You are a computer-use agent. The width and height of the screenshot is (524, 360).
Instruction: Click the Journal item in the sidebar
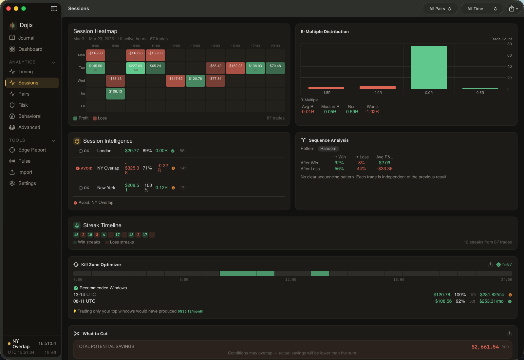click(26, 38)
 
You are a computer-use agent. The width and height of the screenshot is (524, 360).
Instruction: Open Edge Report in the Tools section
click(32, 150)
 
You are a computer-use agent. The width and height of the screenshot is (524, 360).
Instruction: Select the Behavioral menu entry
click(29, 116)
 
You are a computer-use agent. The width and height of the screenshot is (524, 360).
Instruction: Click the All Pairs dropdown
click(440, 9)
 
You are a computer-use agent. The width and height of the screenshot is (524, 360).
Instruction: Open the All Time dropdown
click(482, 9)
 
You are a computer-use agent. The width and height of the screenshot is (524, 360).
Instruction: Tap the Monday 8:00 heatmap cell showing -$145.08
click(96, 55)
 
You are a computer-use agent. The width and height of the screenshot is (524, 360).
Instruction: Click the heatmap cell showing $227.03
click(136, 68)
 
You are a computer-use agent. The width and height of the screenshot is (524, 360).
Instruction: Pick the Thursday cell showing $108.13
click(116, 93)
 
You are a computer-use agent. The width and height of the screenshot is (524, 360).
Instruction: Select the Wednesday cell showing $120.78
click(196, 81)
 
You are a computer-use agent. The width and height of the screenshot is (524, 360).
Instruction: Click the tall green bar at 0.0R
click(429, 67)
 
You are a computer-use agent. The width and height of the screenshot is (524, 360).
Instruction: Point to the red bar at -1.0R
click(377, 87)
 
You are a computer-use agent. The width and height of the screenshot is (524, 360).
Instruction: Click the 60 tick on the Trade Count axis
click(509, 55)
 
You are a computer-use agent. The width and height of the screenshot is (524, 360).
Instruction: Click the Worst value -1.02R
click(372, 112)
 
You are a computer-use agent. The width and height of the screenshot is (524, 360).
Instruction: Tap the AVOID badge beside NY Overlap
click(84, 168)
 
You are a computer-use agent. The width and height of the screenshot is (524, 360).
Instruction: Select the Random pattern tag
click(328, 149)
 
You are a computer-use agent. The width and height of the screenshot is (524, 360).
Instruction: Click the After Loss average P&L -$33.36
click(384, 169)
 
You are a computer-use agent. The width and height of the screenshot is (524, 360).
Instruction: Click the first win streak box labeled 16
click(76, 235)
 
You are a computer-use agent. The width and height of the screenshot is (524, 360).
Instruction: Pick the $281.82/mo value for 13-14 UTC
click(492, 295)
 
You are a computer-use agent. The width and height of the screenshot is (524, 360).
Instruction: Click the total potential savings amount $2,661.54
click(485, 347)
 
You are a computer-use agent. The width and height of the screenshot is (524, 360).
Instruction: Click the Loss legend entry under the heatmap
click(100, 118)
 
